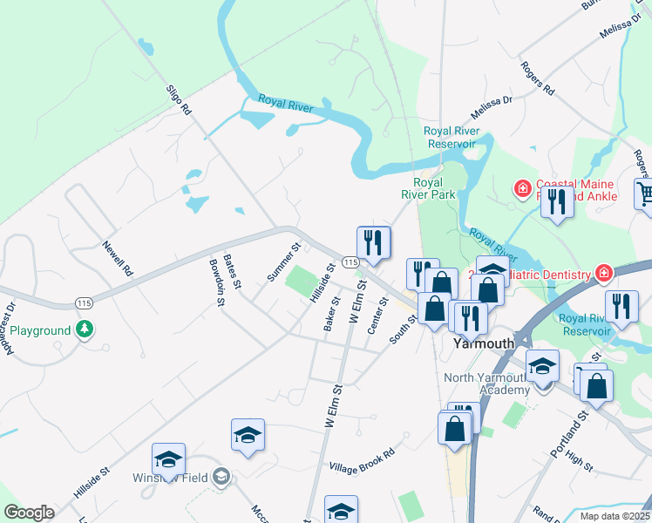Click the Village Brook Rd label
coord(362,460)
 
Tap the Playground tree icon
coord(85,330)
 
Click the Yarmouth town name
coord(485,344)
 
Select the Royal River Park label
coord(434,189)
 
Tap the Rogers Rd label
coord(537,78)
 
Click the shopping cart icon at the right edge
coord(645,194)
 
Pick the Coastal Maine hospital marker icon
coord(522,187)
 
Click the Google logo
coord(29,513)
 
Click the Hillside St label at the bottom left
coord(92,481)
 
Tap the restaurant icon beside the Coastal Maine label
coord(557,201)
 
